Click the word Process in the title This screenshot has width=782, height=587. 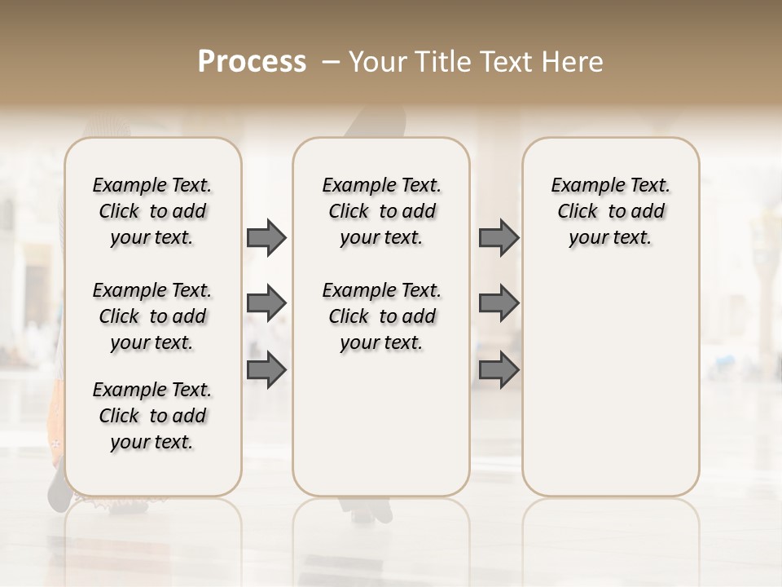coord(252,62)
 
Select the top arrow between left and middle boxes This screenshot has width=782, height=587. coord(266,237)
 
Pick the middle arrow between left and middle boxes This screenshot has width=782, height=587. coord(266,303)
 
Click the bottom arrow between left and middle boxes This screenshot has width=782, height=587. coord(266,370)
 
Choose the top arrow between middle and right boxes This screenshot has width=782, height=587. coord(499,237)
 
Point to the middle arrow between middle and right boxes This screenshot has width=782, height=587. coord(499,303)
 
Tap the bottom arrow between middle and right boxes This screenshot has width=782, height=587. coord(499,370)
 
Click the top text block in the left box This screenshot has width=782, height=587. coord(152,211)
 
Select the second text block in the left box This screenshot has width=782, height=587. coord(152,316)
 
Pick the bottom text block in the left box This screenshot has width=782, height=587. coord(152,416)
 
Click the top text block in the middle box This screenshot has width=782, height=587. coord(381,211)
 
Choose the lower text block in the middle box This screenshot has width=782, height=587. coord(381,316)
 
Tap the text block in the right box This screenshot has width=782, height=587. coord(611,211)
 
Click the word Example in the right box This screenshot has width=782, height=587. coord(589,186)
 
